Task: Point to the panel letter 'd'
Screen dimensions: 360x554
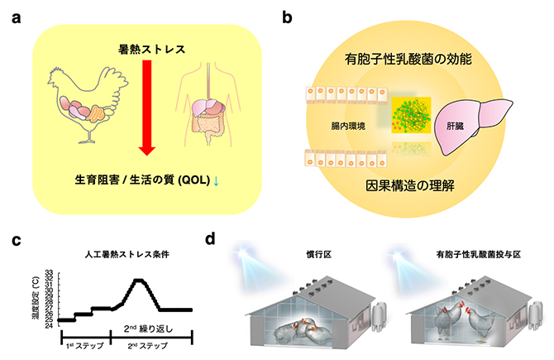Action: pos(211,241)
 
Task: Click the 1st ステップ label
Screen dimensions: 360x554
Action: pos(83,348)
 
